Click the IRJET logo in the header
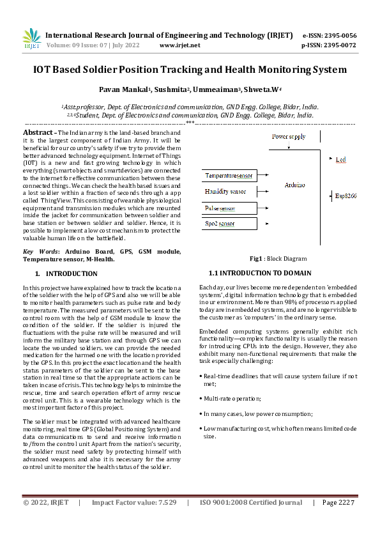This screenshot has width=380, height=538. [31, 39]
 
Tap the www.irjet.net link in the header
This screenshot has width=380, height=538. [179, 45]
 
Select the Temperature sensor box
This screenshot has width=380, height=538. [229, 174]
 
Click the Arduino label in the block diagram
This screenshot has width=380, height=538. [294, 185]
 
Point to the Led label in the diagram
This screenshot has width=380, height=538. [340, 158]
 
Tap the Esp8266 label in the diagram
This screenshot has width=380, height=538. [346, 196]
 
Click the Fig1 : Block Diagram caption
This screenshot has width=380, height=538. [279, 259]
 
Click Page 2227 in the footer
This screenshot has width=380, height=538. [338, 521]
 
